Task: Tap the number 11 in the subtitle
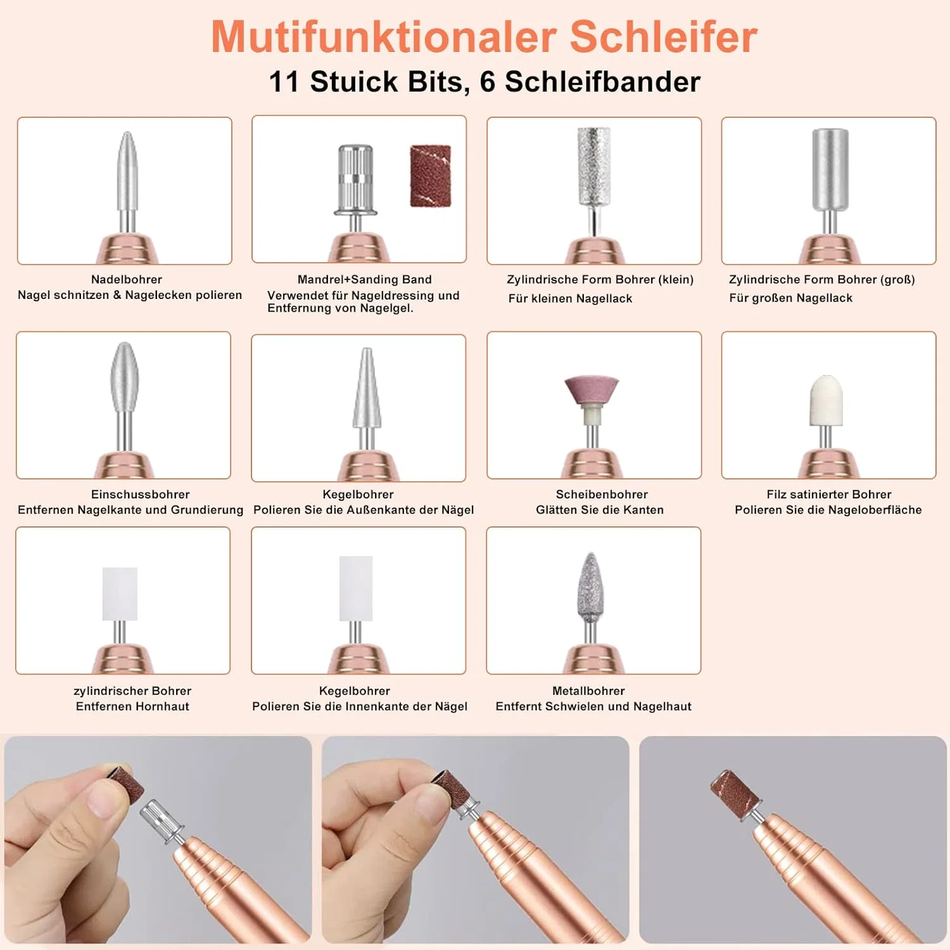(x=284, y=82)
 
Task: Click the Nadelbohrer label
(x=127, y=279)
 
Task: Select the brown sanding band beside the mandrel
(x=431, y=176)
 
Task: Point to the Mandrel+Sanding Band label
(x=365, y=279)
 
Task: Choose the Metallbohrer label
(x=588, y=691)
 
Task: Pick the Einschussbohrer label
(x=141, y=495)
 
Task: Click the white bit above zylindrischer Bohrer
(x=120, y=594)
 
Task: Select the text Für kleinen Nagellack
(x=570, y=298)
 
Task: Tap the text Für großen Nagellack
(x=790, y=298)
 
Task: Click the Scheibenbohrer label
(x=602, y=495)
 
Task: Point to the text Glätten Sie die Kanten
(x=600, y=510)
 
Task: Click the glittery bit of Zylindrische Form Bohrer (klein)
(x=593, y=166)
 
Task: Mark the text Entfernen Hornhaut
(x=132, y=706)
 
